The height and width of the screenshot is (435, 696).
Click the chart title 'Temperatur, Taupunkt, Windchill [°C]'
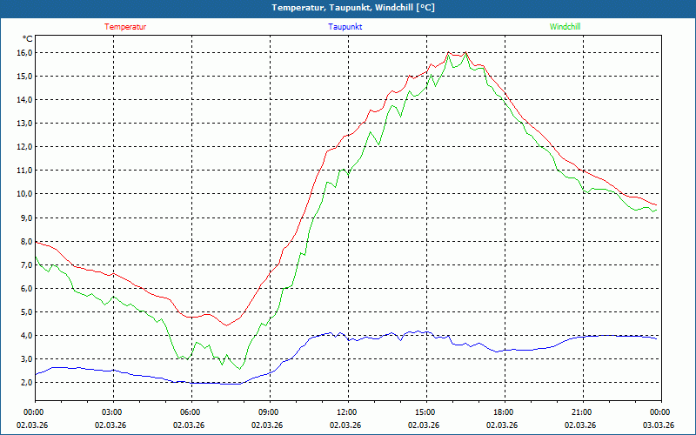352,8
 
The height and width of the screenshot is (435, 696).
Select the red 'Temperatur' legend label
125,27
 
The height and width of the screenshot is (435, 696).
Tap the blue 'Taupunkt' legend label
345,27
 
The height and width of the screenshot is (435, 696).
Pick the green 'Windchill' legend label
565,27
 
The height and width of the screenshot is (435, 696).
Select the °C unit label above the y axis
28,39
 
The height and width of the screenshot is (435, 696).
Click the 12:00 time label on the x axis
346,412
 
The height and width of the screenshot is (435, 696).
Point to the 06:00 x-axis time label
190,412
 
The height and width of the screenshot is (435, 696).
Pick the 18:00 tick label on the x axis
503,412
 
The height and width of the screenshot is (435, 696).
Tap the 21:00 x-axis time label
581,412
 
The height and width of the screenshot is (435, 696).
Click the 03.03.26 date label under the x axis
659,425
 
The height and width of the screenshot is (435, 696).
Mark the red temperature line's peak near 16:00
448,53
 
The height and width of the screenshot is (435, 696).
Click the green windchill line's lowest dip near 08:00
239,368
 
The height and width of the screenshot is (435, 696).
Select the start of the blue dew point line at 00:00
35,374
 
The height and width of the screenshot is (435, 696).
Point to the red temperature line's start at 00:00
35,241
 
